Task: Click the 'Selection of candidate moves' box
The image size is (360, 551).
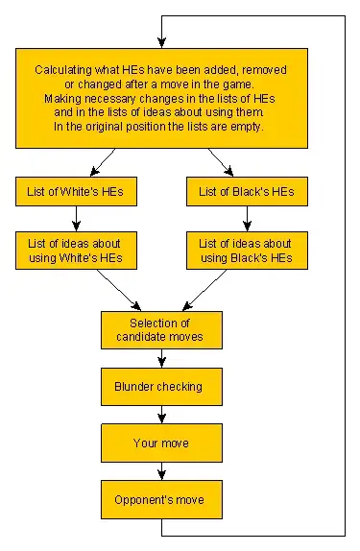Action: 161,330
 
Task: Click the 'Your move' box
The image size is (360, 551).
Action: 161,443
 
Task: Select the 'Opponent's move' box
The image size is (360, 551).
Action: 161,499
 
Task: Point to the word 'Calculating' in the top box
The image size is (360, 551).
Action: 64,71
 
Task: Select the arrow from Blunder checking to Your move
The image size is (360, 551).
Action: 161,415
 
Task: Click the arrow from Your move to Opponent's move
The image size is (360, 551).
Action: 161,470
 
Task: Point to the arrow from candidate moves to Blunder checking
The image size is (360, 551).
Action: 161,358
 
